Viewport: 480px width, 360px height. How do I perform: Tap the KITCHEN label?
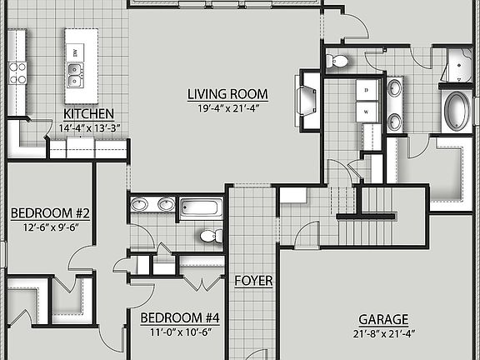click(x=89, y=113)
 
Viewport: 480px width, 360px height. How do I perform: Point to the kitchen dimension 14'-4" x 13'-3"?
click(x=89, y=127)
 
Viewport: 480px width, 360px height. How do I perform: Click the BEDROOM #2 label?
click(x=50, y=213)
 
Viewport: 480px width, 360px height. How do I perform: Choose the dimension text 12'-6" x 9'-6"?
click(x=50, y=227)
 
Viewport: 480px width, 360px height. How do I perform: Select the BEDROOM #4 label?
click(x=180, y=317)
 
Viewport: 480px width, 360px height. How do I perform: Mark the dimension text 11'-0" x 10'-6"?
click(x=180, y=332)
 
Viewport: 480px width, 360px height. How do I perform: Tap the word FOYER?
click(x=253, y=281)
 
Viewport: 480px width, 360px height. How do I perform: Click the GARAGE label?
click(x=383, y=319)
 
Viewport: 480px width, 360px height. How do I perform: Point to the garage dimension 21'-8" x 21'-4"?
click(x=383, y=333)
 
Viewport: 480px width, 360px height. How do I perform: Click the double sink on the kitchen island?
click(x=76, y=80)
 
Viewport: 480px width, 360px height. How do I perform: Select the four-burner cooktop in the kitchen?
click(x=17, y=72)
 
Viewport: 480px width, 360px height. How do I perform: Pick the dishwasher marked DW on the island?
click(x=76, y=53)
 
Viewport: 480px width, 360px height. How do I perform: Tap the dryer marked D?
click(x=367, y=89)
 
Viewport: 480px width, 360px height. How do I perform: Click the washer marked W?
click(x=367, y=111)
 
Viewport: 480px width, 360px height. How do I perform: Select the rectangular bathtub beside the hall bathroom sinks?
click(x=200, y=207)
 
